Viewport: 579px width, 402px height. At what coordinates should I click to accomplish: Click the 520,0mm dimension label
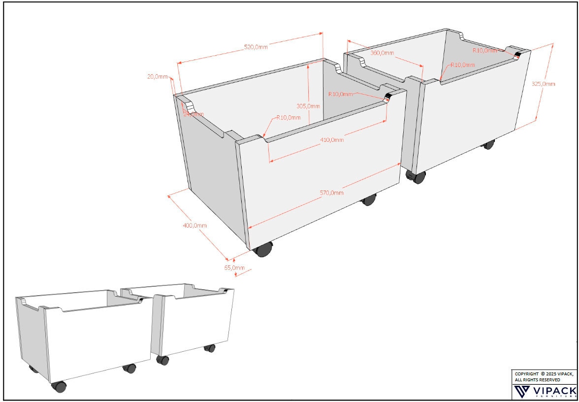256,47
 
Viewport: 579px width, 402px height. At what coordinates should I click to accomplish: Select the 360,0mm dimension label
382,53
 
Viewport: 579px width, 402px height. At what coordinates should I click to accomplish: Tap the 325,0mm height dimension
543,84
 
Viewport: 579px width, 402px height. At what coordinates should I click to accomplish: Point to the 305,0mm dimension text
308,106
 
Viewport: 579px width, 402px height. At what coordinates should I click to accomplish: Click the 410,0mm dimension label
332,140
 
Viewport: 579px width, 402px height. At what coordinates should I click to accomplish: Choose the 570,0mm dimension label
331,193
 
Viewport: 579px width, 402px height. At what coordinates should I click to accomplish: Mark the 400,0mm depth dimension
194,225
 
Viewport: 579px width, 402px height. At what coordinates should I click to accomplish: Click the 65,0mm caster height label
234,268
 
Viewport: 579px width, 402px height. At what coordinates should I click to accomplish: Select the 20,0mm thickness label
158,77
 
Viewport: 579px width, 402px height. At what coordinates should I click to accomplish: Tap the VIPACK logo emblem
521,392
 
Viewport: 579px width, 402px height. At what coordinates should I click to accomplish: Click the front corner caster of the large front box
263,249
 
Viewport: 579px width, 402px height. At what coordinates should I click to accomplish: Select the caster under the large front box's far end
368,200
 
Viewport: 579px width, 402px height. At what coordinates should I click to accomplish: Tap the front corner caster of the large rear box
418,177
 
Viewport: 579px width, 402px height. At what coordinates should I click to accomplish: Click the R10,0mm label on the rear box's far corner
485,50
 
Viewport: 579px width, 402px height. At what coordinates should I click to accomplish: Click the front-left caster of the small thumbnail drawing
59,386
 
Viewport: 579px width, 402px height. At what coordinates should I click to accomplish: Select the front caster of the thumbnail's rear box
163,360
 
